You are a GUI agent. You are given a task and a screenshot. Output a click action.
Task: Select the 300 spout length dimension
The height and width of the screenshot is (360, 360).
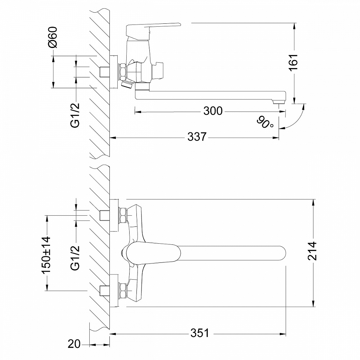point(213,111)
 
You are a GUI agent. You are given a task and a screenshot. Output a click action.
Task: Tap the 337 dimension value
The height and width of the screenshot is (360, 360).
point(197,137)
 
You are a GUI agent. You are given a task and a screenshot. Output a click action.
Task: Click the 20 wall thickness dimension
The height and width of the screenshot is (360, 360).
point(74,344)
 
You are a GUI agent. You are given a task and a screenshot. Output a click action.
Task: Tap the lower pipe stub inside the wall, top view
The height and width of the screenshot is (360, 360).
point(104,290)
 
